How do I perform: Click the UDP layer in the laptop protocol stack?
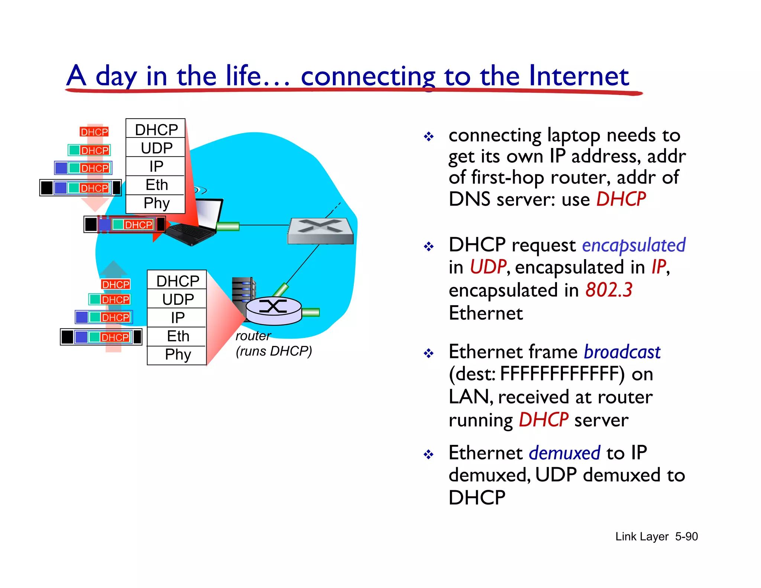pyautogui.click(x=156, y=148)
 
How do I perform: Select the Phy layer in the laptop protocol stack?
pyautogui.click(x=156, y=203)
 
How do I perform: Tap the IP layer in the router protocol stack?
pyautogui.click(x=177, y=318)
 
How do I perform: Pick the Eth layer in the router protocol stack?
pyautogui.click(x=177, y=336)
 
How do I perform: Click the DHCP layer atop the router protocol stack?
pyautogui.click(x=177, y=281)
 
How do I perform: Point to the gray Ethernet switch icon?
pyautogui.click(x=320, y=231)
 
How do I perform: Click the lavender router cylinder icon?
pyautogui.click(x=273, y=311)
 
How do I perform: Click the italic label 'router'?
pyautogui.click(x=253, y=336)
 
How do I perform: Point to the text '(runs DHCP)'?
pyautogui.click(x=274, y=351)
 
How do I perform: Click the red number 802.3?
pyautogui.click(x=609, y=290)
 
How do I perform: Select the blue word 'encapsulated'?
pyautogui.click(x=634, y=245)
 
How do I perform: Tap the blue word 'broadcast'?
pyautogui.click(x=622, y=352)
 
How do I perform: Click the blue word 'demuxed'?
pyautogui.click(x=564, y=453)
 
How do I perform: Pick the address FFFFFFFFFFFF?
pyautogui.click(x=562, y=374)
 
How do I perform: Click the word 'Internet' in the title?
pyautogui.click(x=579, y=76)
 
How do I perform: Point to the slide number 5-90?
pyautogui.click(x=686, y=537)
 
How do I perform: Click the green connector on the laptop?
pyautogui.click(x=227, y=226)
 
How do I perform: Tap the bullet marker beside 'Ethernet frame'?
pyautogui.click(x=429, y=353)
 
